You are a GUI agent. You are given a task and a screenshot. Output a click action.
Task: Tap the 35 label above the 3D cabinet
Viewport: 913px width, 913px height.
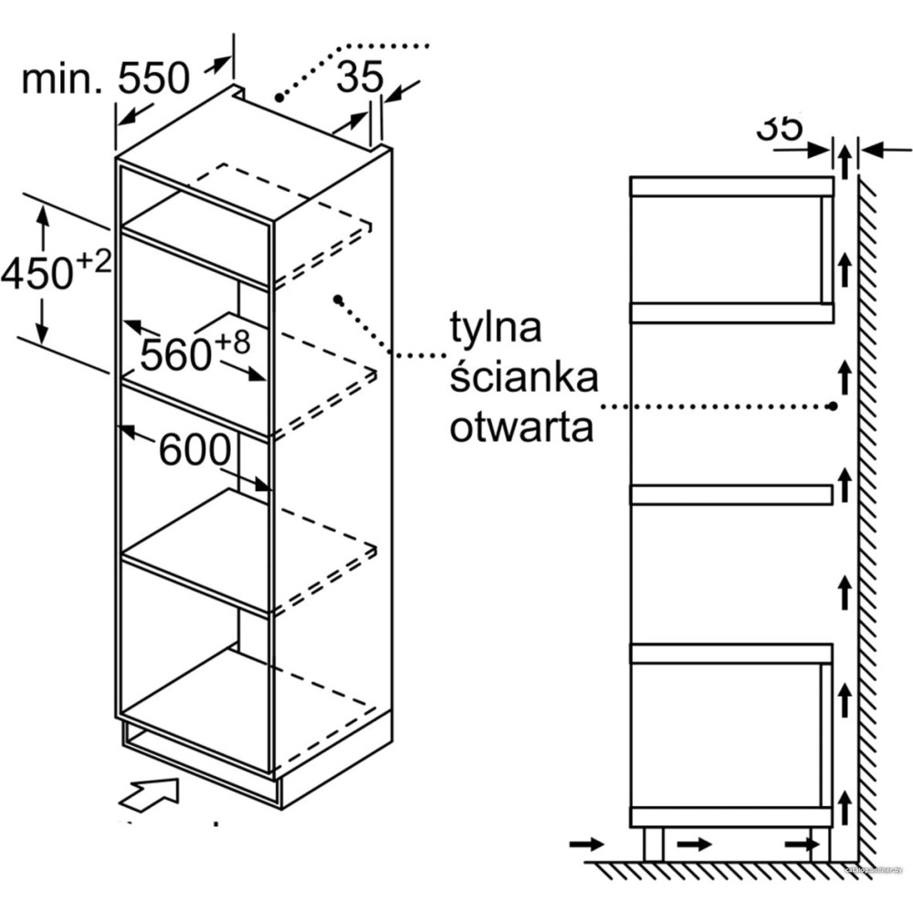click(359, 79)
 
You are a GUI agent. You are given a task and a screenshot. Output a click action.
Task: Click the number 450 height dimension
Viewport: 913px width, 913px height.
click(37, 272)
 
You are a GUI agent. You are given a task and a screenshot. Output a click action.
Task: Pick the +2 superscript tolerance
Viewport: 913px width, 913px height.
click(94, 261)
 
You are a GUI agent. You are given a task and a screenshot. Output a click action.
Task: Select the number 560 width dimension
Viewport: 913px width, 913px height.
click(176, 353)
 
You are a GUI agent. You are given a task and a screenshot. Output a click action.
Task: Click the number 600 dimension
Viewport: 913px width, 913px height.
click(194, 449)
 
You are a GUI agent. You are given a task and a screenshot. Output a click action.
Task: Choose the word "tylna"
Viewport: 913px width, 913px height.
click(496, 326)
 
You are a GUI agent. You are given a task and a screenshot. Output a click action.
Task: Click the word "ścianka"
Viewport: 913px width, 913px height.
click(523, 376)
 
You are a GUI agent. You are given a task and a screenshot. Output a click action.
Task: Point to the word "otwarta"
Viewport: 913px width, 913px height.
click(521, 426)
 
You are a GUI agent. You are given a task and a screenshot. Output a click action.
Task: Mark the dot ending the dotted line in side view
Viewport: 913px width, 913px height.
click(834, 405)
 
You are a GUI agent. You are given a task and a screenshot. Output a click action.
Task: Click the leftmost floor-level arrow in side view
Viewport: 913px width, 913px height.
click(584, 845)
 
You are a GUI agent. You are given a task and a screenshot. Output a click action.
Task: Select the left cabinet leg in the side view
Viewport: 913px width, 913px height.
click(653, 845)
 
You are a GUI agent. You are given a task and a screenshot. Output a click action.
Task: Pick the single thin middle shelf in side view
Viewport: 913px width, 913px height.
click(730, 495)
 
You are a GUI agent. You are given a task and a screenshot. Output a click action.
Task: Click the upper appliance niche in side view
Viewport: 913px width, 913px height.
click(726, 249)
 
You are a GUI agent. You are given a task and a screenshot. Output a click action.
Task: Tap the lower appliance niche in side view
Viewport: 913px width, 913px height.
click(726, 735)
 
